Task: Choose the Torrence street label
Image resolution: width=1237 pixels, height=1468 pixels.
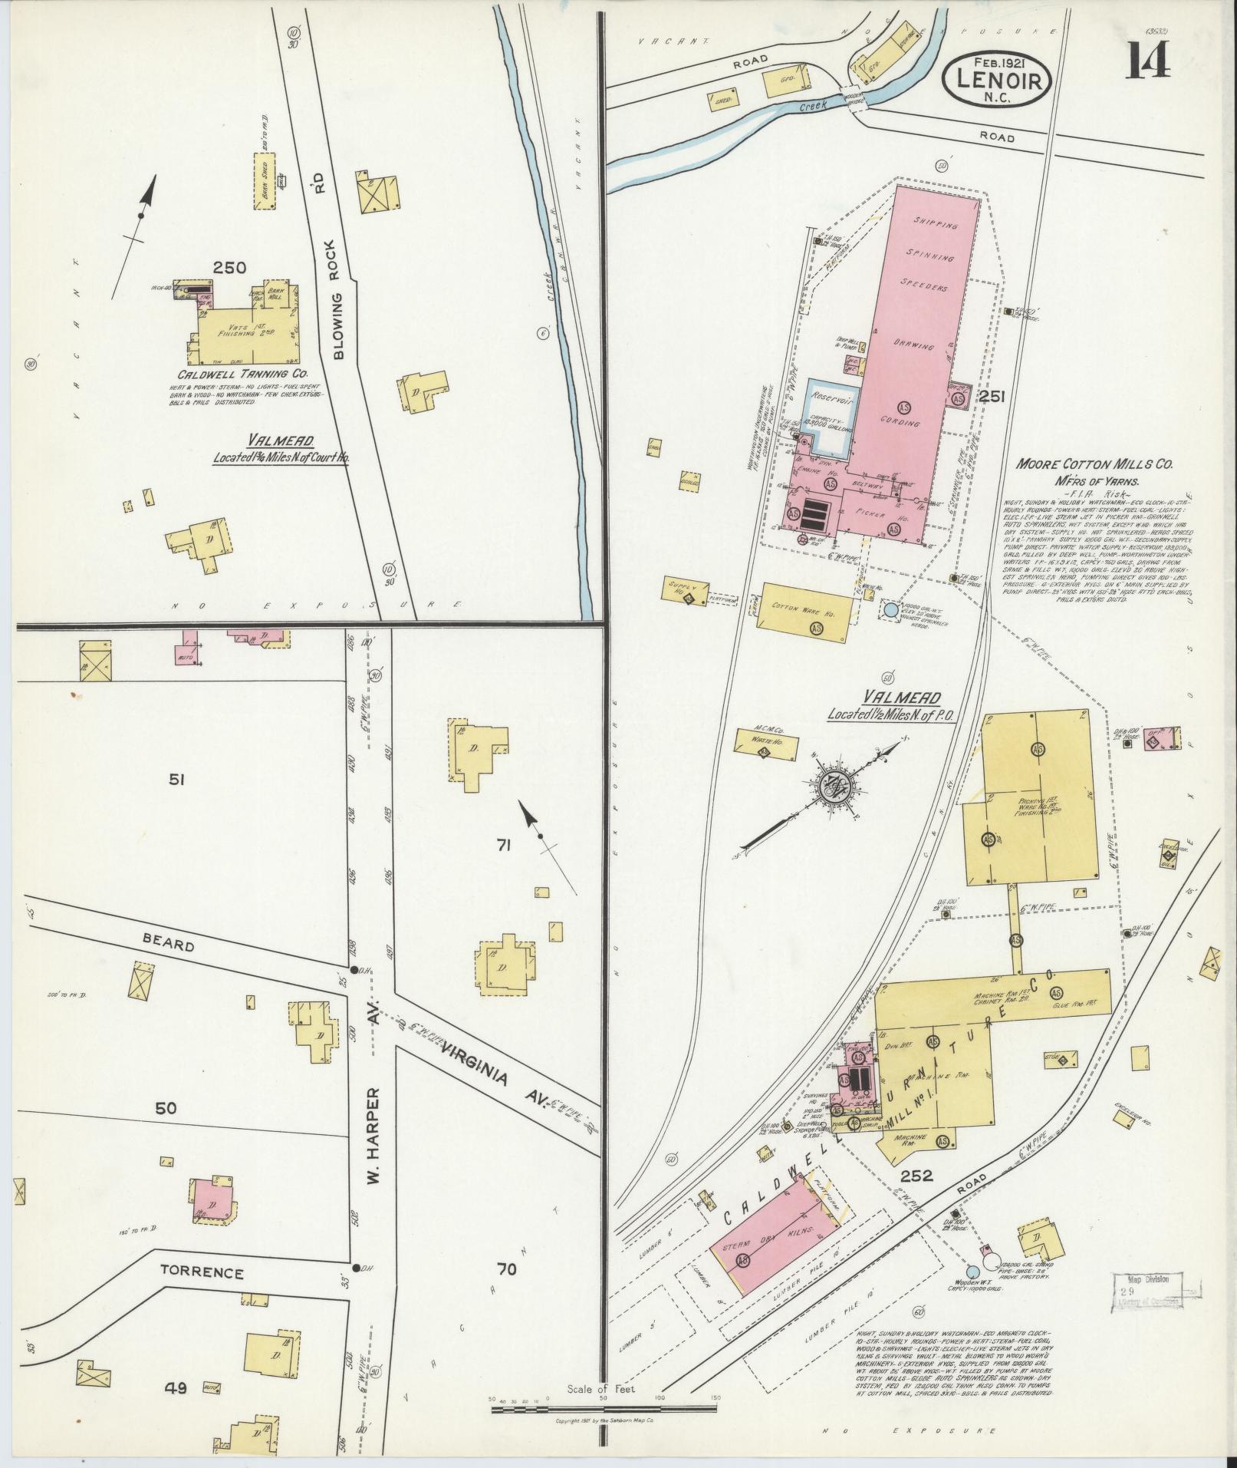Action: coord(202,1272)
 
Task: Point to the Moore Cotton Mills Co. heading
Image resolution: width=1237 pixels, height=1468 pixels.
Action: coord(1094,464)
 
